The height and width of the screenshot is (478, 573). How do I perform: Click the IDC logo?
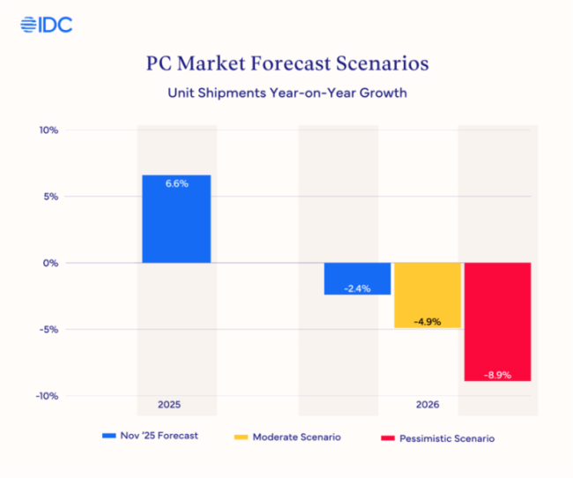46,25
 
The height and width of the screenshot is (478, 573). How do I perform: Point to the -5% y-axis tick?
48,330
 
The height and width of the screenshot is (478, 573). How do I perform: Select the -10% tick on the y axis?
46,396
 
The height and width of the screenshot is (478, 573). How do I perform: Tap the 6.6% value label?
176,184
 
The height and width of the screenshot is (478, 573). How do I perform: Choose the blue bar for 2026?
357,279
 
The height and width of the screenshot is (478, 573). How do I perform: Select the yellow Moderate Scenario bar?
427,295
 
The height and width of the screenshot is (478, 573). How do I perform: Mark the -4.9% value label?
427,320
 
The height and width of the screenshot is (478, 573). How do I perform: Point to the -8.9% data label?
498,374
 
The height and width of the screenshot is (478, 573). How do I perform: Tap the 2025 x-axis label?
170,405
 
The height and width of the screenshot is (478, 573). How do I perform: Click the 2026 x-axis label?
427,405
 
